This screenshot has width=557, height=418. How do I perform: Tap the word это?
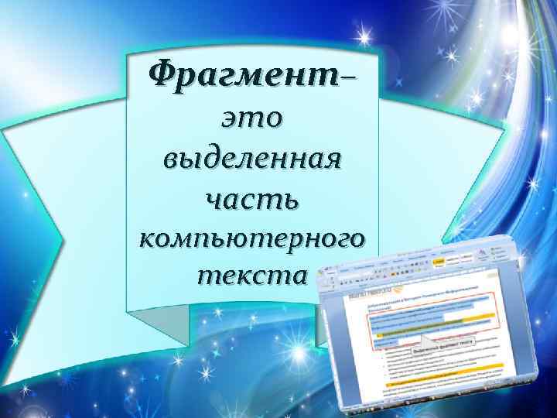251,120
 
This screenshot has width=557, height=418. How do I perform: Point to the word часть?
251,199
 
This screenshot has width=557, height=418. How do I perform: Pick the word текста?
251,275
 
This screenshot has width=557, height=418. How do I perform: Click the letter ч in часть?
216,200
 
